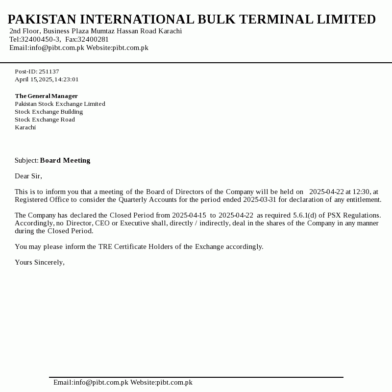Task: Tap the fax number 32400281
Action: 94,39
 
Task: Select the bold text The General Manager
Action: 47,96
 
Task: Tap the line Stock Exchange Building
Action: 49,112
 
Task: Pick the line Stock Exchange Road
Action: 45,120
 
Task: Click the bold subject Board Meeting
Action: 65,160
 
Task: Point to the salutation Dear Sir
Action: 28,176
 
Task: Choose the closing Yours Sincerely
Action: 40,262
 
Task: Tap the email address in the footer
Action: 91,382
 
